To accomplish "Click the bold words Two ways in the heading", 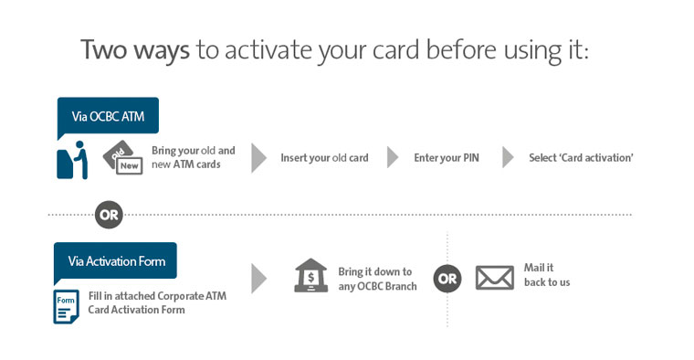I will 135,49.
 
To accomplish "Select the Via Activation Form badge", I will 116,261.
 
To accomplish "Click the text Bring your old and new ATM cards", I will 193,157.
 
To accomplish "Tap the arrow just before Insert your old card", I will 259,157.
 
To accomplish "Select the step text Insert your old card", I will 324,158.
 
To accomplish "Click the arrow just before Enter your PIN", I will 393,157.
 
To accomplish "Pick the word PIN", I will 469,158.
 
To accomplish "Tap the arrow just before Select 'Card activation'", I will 508,157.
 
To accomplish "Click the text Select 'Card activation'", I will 581,158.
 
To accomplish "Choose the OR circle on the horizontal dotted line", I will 109,216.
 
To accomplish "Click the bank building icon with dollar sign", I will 310,276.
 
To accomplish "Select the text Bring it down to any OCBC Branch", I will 375,279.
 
